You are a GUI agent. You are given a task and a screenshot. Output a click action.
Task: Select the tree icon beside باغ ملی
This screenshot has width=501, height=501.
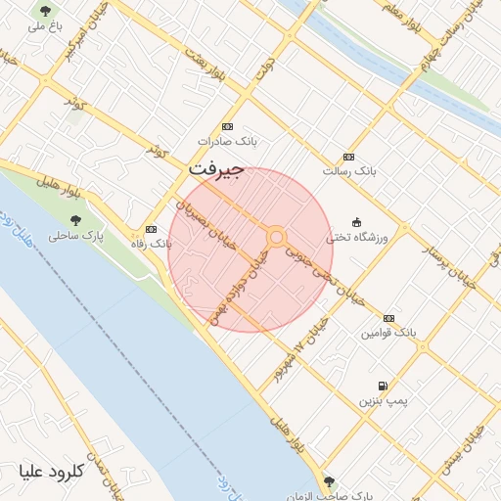pyautogui.click(x=44, y=11)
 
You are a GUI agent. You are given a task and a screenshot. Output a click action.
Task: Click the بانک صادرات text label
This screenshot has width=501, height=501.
pyautogui.click(x=227, y=141)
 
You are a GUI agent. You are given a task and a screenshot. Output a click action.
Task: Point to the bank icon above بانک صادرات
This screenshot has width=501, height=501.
pyautogui.click(x=228, y=126)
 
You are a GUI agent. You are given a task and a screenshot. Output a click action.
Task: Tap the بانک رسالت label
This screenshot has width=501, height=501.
pyautogui.click(x=349, y=171)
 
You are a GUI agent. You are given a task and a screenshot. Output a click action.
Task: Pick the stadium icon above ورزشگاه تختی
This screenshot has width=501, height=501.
pyautogui.click(x=355, y=222)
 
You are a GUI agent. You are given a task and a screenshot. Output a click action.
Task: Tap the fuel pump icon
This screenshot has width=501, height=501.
pyautogui.click(x=381, y=386)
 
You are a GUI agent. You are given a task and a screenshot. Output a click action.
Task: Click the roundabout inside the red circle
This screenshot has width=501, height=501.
pyautogui.click(x=277, y=237)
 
